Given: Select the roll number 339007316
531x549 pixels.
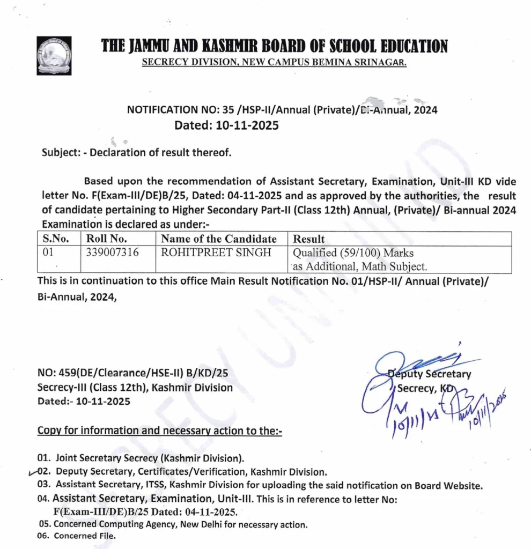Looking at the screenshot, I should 112,253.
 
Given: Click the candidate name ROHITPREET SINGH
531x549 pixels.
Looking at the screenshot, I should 216,253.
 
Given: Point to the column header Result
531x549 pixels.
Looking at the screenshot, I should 308,239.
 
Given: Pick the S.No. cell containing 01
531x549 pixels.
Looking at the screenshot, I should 48,253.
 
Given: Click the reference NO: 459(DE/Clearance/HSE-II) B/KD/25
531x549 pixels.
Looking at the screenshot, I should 136,374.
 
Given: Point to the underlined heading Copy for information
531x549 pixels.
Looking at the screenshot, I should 159,431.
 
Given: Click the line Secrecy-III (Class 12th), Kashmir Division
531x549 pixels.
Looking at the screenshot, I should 135,387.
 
